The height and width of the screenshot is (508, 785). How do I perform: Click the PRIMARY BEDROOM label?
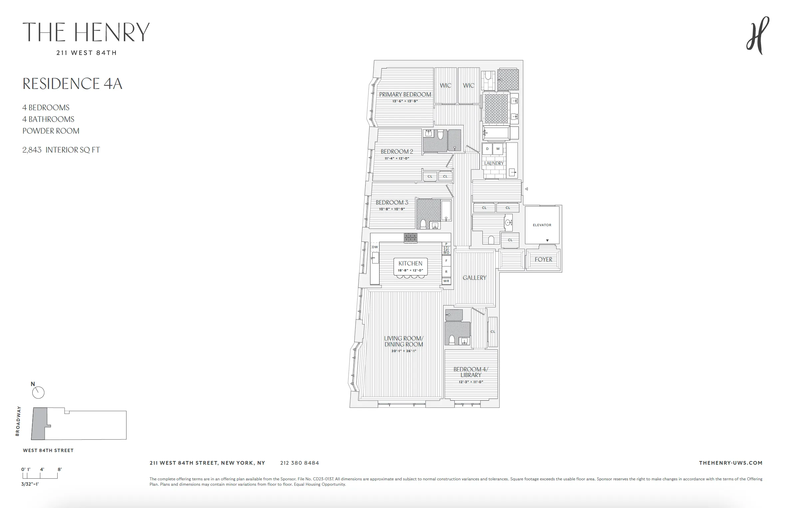point(405,95)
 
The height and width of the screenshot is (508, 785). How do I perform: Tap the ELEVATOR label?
point(542,225)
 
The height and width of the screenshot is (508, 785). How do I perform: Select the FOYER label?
point(543,259)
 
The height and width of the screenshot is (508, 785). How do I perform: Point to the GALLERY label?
point(474,278)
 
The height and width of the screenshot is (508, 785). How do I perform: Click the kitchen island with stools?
point(410,266)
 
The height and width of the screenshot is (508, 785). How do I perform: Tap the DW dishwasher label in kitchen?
point(375,247)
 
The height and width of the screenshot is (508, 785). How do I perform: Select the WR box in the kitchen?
point(446,281)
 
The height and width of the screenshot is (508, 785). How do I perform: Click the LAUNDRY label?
point(494,164)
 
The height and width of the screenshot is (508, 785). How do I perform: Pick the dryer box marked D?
point(487,149)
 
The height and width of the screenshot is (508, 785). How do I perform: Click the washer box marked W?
point(498,149)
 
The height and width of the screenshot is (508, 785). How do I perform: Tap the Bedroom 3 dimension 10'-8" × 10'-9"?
point(392,209)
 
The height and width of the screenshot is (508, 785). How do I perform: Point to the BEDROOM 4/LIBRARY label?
point(471,372)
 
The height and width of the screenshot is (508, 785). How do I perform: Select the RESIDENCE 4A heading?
point(72,84)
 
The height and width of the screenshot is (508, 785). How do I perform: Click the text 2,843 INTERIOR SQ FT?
point(61,150)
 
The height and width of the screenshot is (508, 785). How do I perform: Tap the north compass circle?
point(38,393)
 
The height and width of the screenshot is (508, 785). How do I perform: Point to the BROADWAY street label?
point(18,421)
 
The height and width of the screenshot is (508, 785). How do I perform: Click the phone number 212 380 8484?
point(299,463)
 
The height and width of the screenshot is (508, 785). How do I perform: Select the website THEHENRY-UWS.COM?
point(730,463)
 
